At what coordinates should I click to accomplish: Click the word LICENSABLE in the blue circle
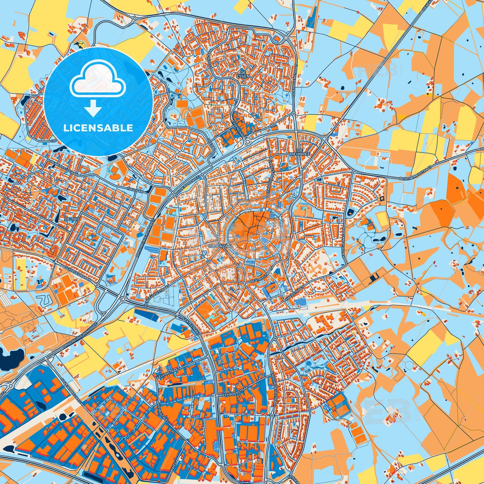pos(98,128)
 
